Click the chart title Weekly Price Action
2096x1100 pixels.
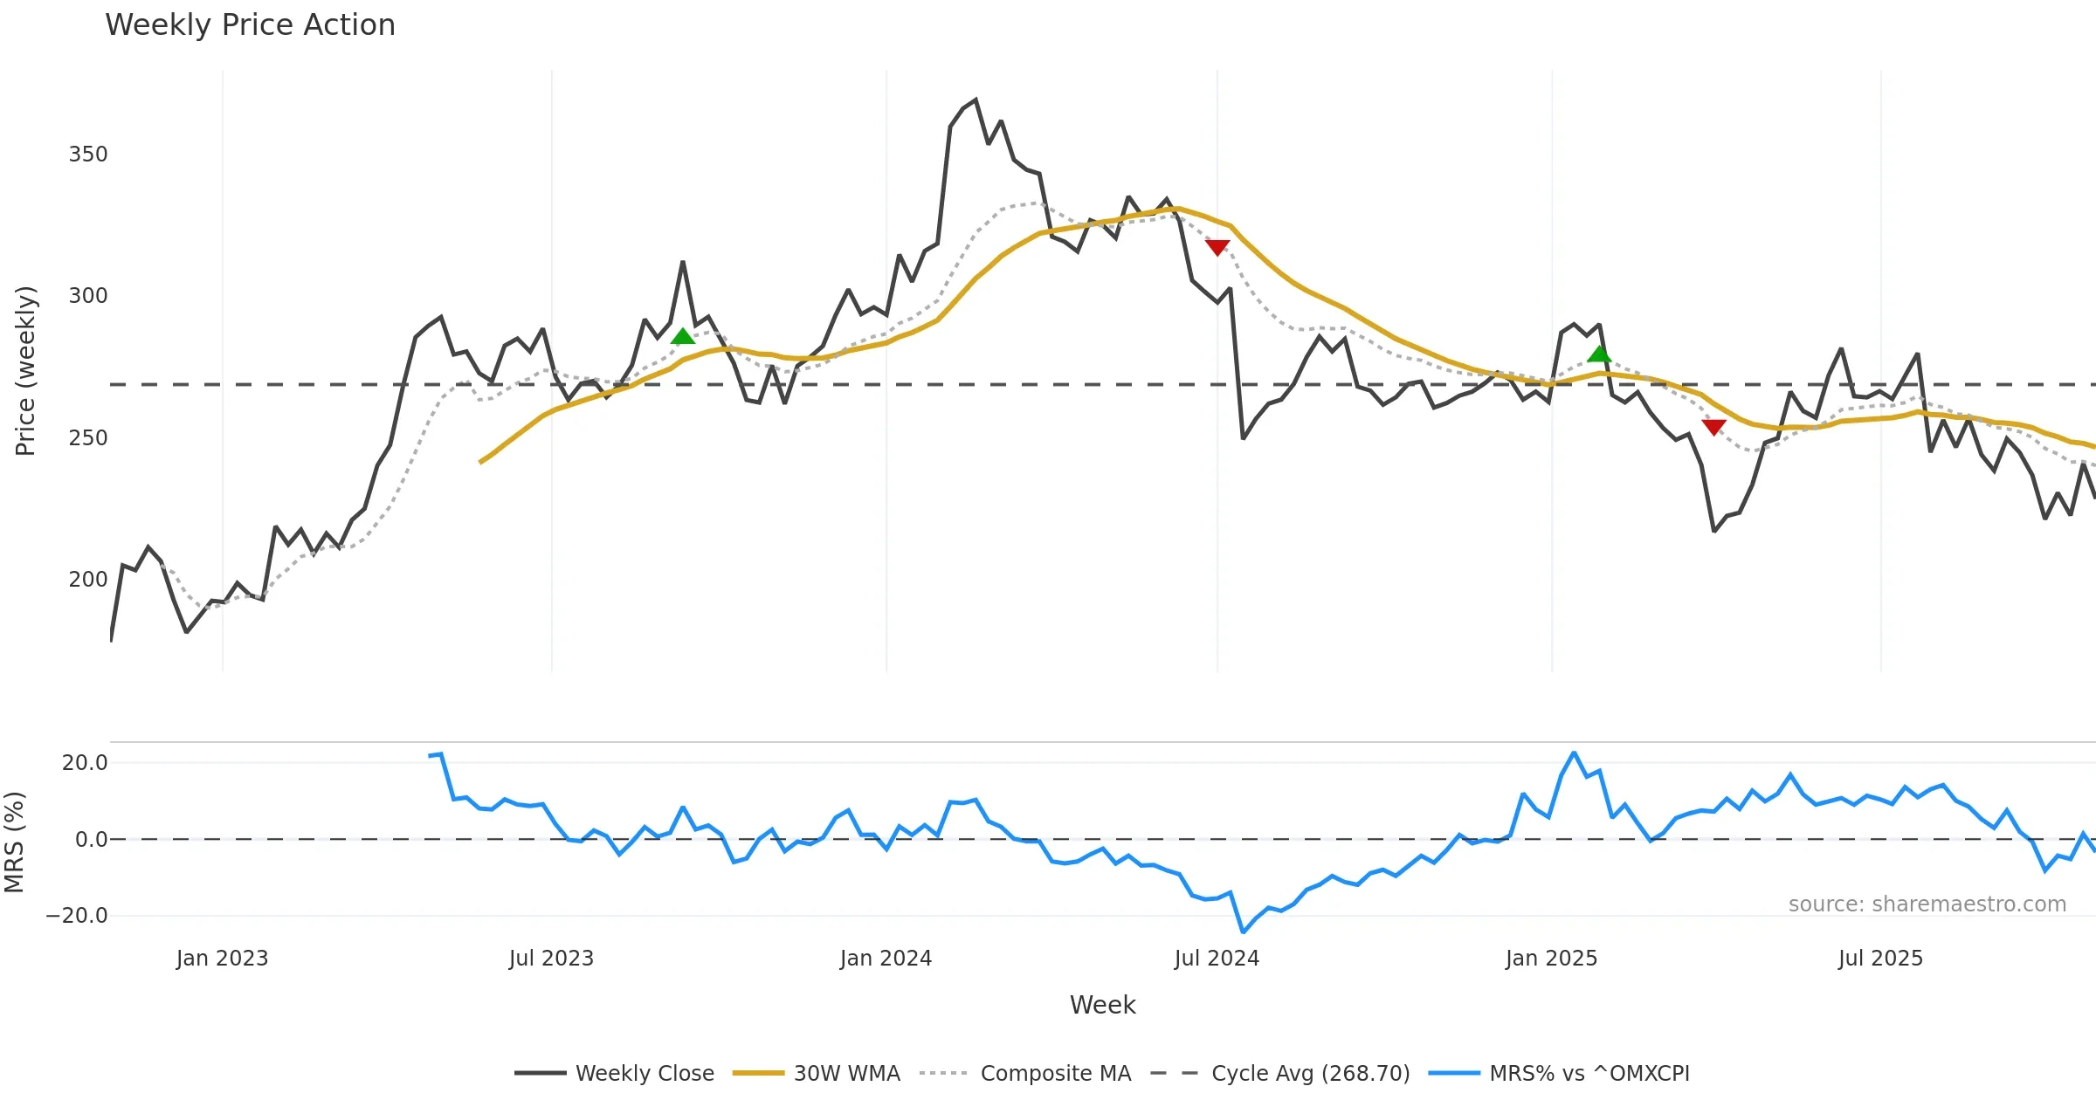coord(250,25)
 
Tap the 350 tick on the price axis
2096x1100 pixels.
coord(88,155)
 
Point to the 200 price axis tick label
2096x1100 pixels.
coord(88,580)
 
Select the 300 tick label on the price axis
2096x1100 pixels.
coord(88,296)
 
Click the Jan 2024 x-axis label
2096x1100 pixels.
coord(886,959)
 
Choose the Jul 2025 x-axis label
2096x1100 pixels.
coord(1880,959)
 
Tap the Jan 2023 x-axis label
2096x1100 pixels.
coord(222,959)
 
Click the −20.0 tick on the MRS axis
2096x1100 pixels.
coord(77,916)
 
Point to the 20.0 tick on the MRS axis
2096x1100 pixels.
coord(85,763)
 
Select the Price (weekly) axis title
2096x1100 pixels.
coord(25,371)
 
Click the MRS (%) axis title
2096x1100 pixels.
coord(15,842)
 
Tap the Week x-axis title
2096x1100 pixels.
coord(1102,1006)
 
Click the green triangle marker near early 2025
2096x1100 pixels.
coord(1599,354)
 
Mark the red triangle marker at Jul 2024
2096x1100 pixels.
coord(1217,248)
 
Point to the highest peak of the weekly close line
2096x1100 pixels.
coord(976,100)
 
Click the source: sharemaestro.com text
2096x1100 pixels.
coord(1927,904)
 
